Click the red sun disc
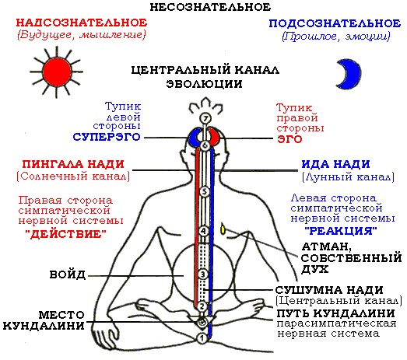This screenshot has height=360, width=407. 57,72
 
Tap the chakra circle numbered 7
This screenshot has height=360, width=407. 205,118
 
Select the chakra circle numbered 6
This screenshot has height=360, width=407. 205,145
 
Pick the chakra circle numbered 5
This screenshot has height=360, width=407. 205,192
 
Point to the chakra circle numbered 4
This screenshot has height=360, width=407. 203,231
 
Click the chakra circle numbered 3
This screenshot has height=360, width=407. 202,274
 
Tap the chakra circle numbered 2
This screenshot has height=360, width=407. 202,306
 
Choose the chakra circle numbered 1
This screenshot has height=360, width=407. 202,338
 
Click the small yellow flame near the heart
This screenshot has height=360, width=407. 223,229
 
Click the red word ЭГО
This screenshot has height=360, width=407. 289,139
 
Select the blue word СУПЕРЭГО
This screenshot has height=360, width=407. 107,137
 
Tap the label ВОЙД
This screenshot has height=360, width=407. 68,274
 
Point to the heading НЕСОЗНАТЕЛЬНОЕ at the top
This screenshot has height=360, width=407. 210,7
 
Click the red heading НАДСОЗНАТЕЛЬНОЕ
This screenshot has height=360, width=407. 82,23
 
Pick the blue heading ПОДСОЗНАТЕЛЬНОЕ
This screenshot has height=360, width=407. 335,23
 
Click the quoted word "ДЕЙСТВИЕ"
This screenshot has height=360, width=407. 66,234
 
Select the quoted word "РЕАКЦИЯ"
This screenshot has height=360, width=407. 341,231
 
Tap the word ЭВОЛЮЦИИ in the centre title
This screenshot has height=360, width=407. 205,84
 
